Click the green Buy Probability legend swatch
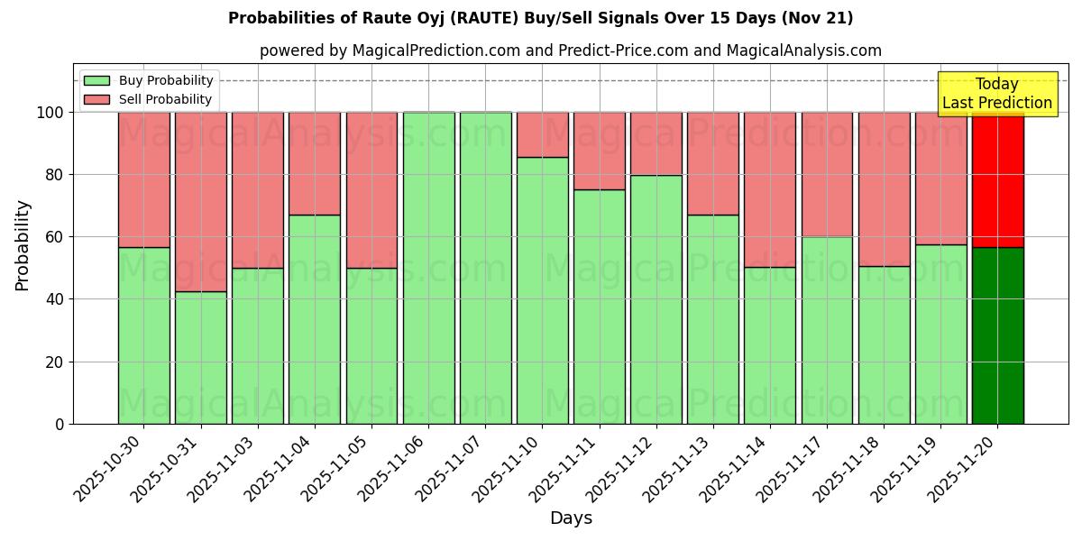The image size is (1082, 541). pos(96,81)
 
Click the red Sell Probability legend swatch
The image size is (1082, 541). pos(96,100)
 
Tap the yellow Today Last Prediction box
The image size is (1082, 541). pos(996,94)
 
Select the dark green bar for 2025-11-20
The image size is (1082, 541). pos(997,335)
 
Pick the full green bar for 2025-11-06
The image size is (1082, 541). pos(428,268)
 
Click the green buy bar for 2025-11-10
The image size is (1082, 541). pos(542,290)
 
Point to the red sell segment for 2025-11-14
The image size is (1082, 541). pos(770,189)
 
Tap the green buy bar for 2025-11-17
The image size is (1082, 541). pos(827,330)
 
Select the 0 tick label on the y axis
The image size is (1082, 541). pos(59,425)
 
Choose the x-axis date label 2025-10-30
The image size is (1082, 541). pos(108,469)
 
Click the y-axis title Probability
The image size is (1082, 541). pos(23,245)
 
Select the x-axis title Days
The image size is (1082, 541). pos(571,518)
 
